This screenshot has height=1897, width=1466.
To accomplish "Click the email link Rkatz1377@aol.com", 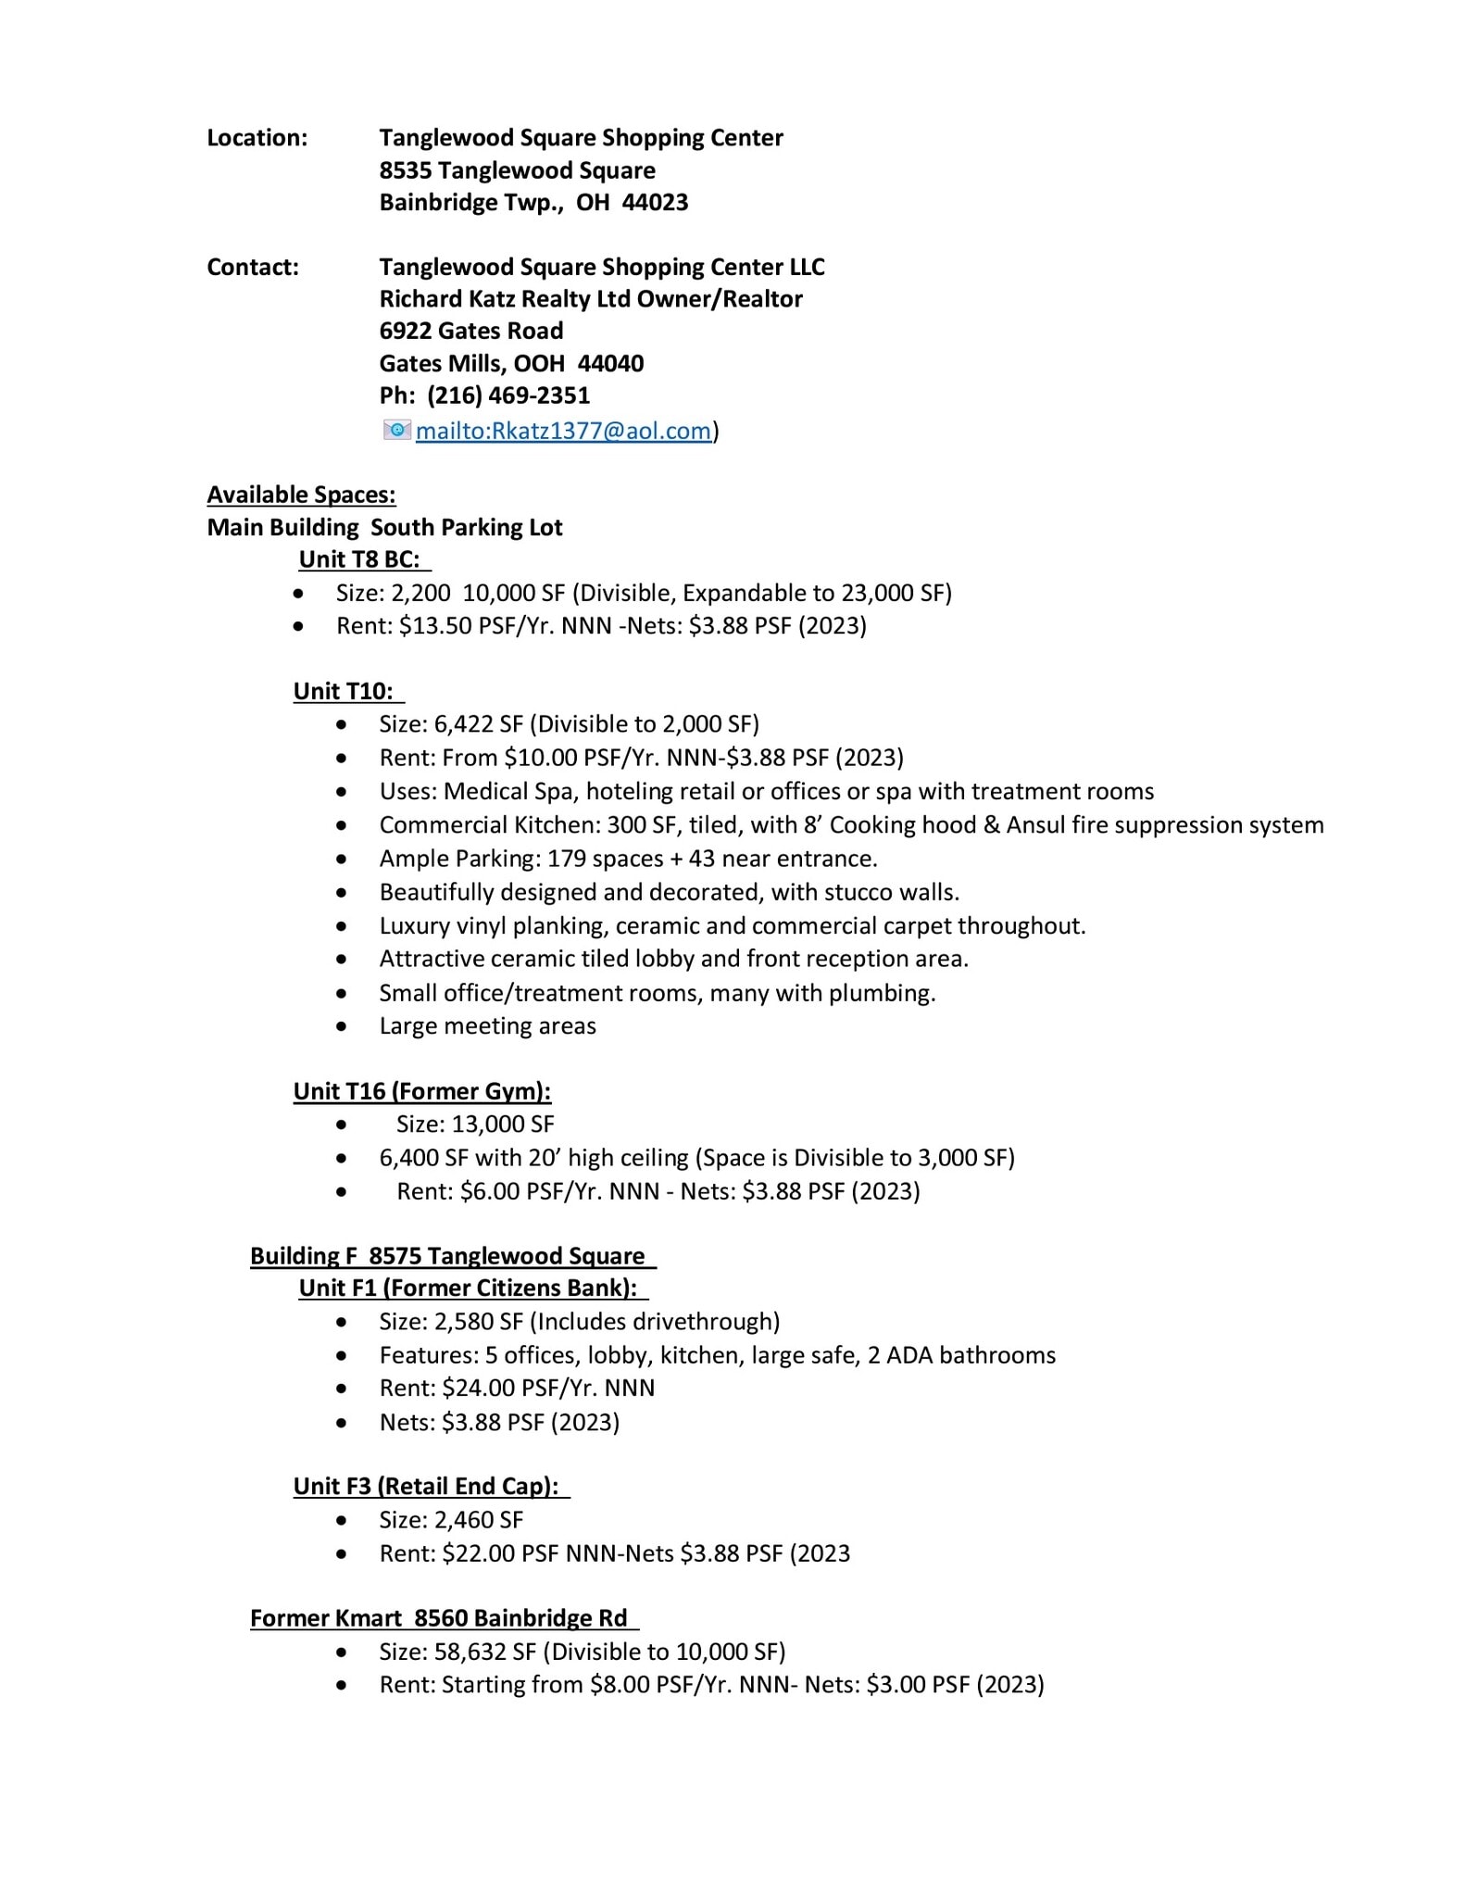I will (x=563, y=431).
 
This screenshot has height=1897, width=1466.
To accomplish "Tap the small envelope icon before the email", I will (x=396, y=430).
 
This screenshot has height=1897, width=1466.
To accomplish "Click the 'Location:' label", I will (x=257, y=138).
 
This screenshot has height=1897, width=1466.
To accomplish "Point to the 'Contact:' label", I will (x=253, y=268).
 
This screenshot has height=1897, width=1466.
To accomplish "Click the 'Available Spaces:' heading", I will (x=301, y=495).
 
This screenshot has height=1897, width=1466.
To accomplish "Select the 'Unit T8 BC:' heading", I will (x=359, y=559).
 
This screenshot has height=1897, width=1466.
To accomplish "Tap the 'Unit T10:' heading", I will (x=344, y=691).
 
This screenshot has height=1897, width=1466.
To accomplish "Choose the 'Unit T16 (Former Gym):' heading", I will (x=422, y=1091).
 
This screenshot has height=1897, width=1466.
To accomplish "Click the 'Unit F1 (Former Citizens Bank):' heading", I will (x=468, y=1288).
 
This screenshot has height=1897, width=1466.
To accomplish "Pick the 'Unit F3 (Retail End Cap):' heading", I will (x=426, y=1487).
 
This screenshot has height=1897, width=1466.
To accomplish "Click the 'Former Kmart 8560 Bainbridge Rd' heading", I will (x=438, y=1618).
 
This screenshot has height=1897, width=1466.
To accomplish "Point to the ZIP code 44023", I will (x=655, y=203).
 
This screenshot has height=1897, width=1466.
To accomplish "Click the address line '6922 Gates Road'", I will (x=470, y=332).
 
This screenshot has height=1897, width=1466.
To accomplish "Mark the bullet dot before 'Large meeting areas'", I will (x=343, y=1026).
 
